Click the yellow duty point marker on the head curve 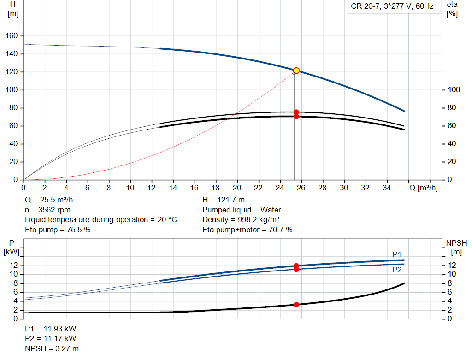pyautogui.click(x=296, y=71)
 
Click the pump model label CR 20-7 pyautogui.click(x=390, y=6)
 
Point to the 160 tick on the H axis pyautogui.click(x=13, y=36)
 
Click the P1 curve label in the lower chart pyautogui.click(x=397, y=254)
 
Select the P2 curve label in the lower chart pyautogui.click(x=397, y=270)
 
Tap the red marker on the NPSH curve pyautogui.click(x=296, y=305)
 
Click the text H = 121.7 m pyautogui.click(x=224, y=200)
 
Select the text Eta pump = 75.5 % pyautogui.click(x=58, y=230)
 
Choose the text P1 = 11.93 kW pyautogui.click(x=51, y=329)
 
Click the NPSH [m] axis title pyautogui.click(x=456, y=247)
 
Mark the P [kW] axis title pyautogui.click(x=12, y=247)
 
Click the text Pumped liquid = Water pyautogui.click(x=242, y=210)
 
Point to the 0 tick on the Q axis pyautogui.click(x=24, y=188)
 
